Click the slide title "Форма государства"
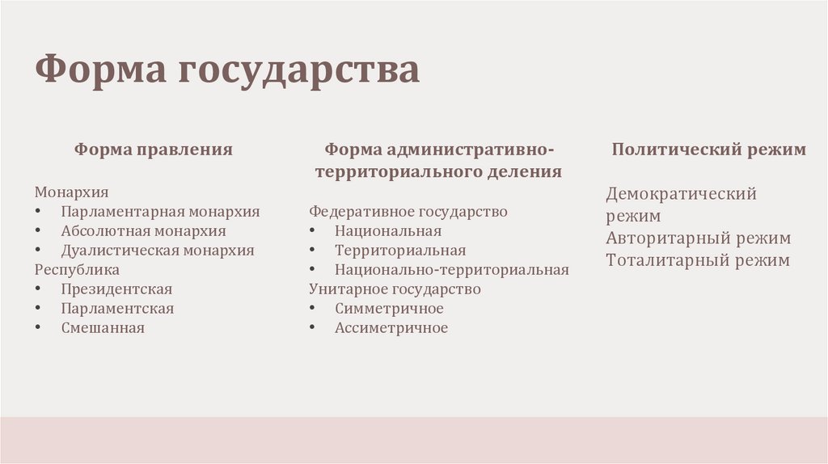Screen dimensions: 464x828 (227, 70)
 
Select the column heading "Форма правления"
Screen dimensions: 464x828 (154, 150)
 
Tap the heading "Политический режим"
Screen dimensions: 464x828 (708, 150)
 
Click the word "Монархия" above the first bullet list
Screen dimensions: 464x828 (71, 192)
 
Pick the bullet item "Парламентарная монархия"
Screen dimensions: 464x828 (160, 212)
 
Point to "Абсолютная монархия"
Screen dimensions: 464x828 (143, 231)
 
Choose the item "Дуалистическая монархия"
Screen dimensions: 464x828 (157, 251)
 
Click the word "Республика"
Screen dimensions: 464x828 (77, 269)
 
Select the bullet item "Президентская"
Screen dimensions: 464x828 (116, 289)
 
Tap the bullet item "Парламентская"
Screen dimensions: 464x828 (117, 308)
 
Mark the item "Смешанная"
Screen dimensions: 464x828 (103, 327)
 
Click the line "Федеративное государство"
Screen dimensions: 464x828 (408, 212)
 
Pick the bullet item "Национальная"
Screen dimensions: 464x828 (388, 231)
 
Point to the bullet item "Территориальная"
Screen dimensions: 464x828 (400, 251)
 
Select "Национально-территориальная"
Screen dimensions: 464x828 (452, 269)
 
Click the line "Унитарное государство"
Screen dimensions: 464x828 (395, 289)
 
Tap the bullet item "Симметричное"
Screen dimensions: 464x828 (389, 308)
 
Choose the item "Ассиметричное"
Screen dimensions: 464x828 (391, 327)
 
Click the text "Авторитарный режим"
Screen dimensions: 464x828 (699, 238)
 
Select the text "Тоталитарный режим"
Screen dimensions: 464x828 (698, 260)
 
